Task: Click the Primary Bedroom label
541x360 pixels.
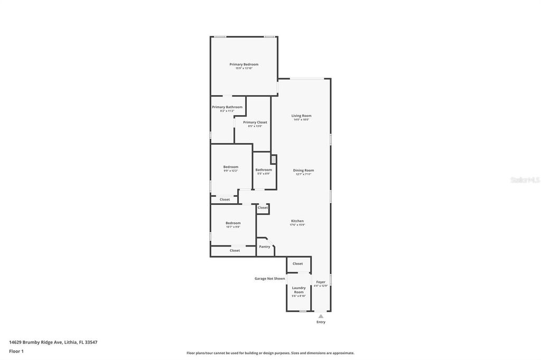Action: pos(244,64)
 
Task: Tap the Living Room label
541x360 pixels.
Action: pos(301,116)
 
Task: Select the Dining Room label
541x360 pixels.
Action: pos(303,170)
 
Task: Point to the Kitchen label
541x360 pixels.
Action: pos(297,221)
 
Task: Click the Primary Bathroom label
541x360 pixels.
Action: pos(227,107)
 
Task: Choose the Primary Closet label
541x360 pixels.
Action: pos(255,122)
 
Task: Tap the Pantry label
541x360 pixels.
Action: pos(265,247)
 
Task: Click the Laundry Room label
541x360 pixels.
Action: pos(299,290)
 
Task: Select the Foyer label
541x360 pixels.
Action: pos(321,282)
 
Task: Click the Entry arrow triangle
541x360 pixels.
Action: pos(321,316)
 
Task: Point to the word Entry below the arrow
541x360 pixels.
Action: pos(321,322)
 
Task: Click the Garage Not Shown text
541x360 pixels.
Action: pos(269,278)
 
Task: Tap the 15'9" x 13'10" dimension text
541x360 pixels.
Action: pos(244,68)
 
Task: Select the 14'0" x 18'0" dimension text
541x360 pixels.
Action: pos(301,119)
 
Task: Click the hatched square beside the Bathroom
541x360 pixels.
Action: pos(274,159)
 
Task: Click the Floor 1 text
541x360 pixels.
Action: pos(16,351)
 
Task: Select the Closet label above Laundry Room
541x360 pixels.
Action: pos(298,263)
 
